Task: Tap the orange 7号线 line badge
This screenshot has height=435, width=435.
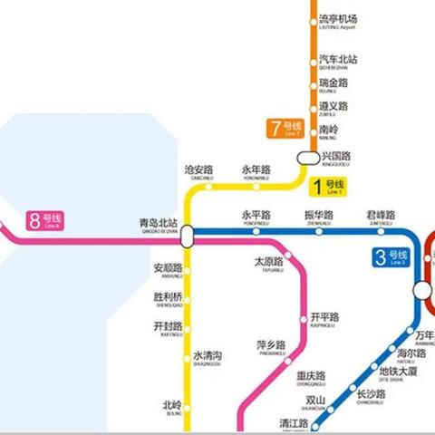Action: pyautogui.click(x=284, y=129)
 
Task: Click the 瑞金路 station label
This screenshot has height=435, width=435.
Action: pyautogui.click(x=333, y=84)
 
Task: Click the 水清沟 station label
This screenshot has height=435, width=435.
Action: pyautogui.click(x=208, y=357)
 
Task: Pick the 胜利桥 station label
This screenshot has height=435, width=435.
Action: pyautogui.click(x=168, y=298)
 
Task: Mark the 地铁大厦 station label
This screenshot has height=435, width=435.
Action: pyautogui.click(x=398, y=372)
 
